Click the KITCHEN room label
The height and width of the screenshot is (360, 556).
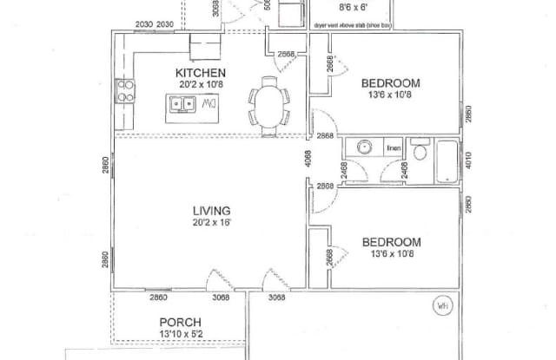click(201, 72)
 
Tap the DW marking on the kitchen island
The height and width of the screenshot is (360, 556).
click(208, 104)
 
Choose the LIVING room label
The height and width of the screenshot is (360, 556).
click(211, 210)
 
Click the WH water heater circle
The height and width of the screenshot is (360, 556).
click(442, 305)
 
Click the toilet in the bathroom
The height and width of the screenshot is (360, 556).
click(420, 153)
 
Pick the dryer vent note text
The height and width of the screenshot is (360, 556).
click(352, 26)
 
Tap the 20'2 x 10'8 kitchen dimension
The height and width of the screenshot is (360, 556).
click(201, 84)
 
